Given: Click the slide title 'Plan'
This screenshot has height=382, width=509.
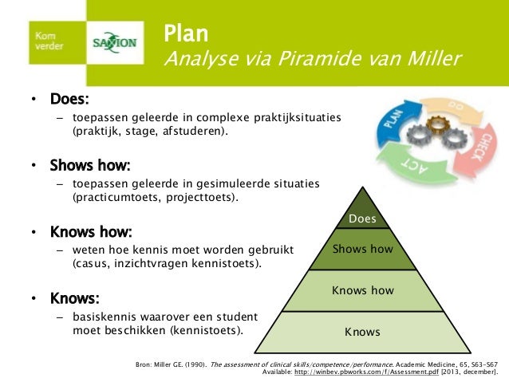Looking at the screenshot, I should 186,33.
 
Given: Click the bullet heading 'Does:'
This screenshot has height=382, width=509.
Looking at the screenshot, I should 69,100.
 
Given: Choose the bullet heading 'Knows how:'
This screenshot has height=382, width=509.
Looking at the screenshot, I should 90,232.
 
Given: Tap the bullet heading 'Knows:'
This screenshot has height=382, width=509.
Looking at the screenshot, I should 74,298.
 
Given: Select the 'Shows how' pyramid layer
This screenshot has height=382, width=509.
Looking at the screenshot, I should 363,249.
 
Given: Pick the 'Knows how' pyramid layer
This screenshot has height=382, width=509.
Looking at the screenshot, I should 363,290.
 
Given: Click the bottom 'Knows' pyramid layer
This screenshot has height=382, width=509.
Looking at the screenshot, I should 362,331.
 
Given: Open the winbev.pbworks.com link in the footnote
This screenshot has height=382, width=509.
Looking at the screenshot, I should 345,372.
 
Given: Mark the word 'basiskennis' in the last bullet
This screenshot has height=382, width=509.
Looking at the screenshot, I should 104,316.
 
